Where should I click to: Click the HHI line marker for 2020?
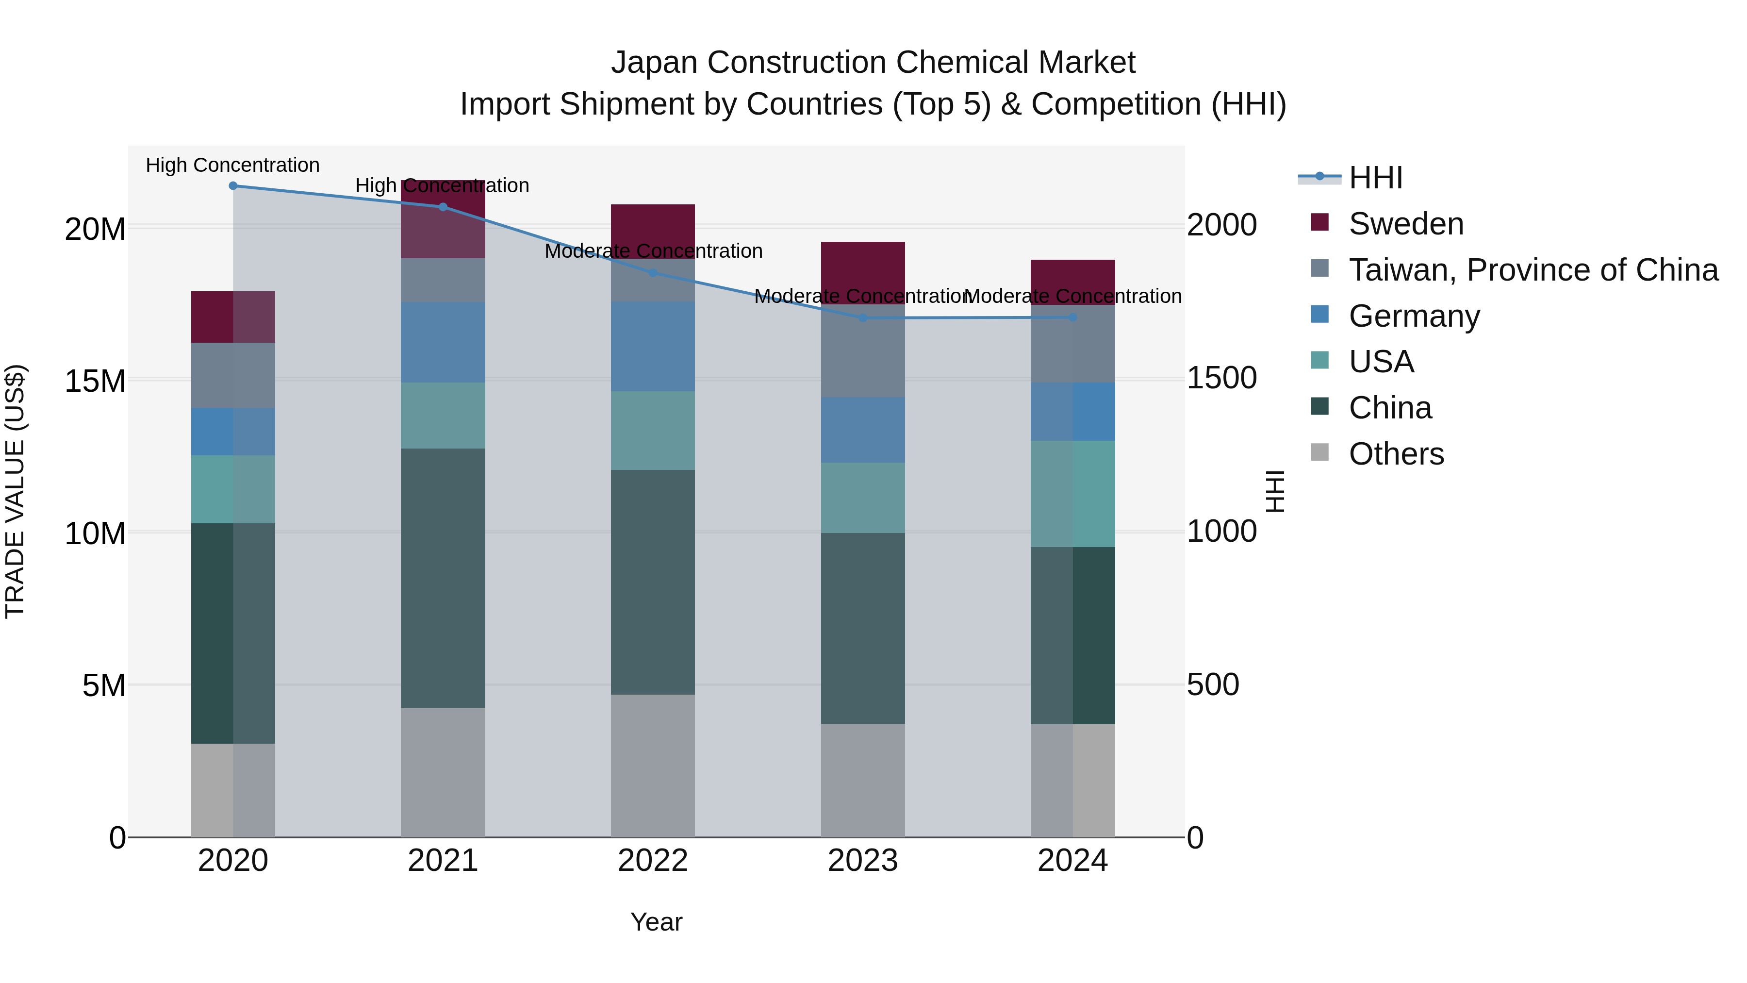coord(233,186)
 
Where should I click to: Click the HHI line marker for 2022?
coord(653,273)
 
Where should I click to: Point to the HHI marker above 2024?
coord(1073,317)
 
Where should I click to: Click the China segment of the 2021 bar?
coord(443,578)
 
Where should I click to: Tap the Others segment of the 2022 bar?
coord(653,765)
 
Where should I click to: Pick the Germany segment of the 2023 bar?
coord(863,430)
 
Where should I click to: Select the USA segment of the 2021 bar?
coord(443,415)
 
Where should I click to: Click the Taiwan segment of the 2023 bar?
coord(863,351)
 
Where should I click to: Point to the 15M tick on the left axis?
coord(95,381)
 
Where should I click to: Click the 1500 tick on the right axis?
coord(1221,379)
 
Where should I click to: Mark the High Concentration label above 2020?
coord(232,165)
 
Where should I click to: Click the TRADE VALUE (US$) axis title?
coord(15,491)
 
